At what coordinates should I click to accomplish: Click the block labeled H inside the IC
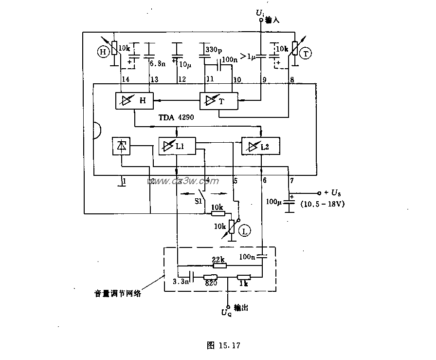[x=133, y=101]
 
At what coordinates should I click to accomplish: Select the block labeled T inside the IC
[x=218, y=101]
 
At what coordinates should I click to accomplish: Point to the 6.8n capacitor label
[x=157, y=63]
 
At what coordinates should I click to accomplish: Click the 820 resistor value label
[x=211, y=283]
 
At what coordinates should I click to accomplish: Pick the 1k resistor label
[x=243, y=283]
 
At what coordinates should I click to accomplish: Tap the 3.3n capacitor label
[x=181, y=282]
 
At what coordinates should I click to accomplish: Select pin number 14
[x=126, y=79]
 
